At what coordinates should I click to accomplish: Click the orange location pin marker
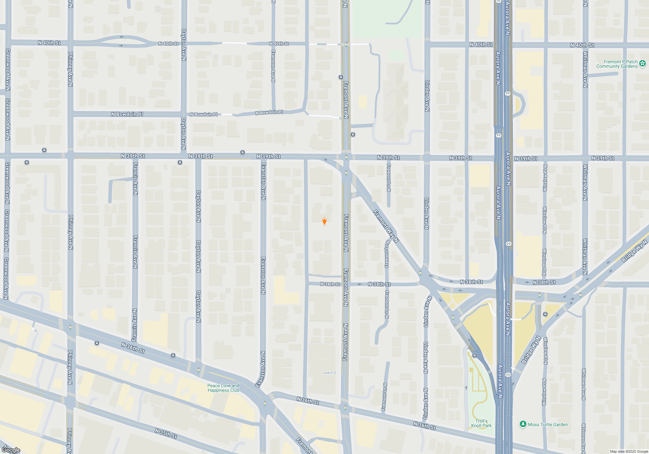(x=324, y=221)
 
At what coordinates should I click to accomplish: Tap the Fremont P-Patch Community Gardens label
(x=617, y=64)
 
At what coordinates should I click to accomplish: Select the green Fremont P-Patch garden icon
(x=643, y=64)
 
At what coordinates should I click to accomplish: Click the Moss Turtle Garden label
(x=548, y=424)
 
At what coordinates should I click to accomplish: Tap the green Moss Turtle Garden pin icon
(x=523, y=424)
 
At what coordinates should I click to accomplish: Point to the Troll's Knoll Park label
(x=481, y=423)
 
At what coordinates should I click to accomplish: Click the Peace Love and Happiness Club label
(x=223, y=388)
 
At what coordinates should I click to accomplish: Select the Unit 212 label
(x=330, y=373)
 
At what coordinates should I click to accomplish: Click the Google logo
(x=11, y=450)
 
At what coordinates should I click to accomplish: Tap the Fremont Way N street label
(x=386, y=226)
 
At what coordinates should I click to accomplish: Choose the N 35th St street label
(x=166, y=434)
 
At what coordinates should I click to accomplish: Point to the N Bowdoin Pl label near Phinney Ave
(x=127, y=114)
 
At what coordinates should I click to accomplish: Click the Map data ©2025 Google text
(x=629, y=451)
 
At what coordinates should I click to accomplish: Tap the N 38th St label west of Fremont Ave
(x=330, y=284)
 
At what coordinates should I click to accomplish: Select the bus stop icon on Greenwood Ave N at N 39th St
(x=27, y=162)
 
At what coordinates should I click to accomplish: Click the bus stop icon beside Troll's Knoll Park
(x=474, y=355)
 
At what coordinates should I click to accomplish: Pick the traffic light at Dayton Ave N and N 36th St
(x=199, y=370)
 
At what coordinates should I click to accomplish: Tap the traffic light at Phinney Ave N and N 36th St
(x=70, y=327)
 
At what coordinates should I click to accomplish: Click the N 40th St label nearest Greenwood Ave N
(x=49, y=43)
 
